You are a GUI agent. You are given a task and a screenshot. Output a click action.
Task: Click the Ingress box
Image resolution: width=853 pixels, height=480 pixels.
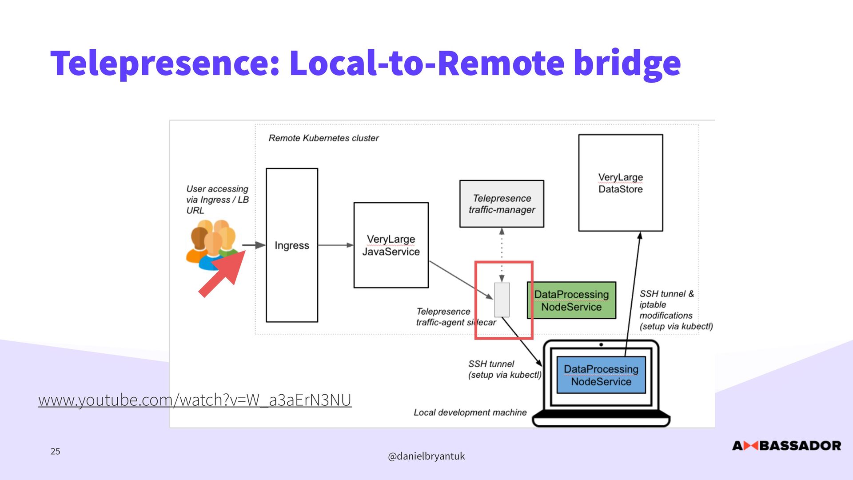point(292,245)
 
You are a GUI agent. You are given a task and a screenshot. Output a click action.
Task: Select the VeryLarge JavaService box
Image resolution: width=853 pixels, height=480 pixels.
point(391,245)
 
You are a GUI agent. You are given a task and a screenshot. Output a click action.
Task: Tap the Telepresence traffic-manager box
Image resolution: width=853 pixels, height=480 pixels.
point(502,204)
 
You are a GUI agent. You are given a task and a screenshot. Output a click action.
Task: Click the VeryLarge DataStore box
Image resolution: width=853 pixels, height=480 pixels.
point(621,183)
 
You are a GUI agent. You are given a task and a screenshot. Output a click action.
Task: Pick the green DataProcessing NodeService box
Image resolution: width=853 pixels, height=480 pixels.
point(571,300)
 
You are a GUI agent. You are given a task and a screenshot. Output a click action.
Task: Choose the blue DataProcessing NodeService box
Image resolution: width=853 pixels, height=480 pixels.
point(601,375)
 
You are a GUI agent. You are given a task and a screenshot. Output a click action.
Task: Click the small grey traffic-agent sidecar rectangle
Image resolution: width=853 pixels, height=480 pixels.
point(502,300)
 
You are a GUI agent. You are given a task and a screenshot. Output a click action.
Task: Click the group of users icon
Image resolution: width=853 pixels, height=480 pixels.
point(212,244)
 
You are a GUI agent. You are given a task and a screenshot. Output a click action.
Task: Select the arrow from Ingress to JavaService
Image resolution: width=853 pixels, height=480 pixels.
point(336,245)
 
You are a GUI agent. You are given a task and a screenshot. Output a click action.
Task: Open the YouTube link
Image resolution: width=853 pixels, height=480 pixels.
point(195,400)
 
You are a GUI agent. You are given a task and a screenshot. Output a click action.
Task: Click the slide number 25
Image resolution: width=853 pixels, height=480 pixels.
point(55,451)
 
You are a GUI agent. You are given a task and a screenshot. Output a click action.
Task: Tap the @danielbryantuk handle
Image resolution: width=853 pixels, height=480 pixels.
point(426,456)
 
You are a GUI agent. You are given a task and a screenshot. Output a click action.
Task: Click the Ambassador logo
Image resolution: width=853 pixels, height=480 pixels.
point(786,445)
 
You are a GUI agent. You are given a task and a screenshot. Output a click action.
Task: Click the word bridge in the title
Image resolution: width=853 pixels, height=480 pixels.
point(627,63)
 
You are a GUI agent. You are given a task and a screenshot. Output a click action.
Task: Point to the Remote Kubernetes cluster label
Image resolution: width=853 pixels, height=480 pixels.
point(323,138)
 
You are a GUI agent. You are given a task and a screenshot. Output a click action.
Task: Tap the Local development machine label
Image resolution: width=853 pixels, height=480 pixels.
point(470,412)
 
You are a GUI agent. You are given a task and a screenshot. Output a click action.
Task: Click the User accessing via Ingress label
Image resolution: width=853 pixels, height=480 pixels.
point(217,200)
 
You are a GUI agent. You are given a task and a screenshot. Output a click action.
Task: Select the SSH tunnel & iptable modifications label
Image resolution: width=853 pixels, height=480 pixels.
point(676,310)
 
